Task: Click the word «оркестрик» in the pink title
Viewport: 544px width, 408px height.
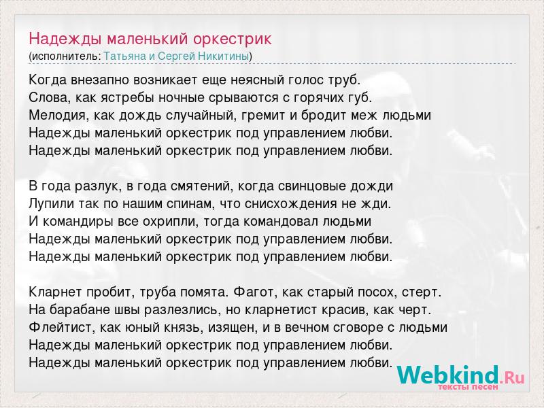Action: coord(232,39)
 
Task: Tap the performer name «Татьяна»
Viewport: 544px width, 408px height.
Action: coord(125,56)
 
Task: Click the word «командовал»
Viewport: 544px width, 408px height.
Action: coord(280,222)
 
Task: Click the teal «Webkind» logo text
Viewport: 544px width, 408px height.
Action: coord(448,375)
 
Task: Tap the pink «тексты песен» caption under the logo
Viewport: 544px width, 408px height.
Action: coord(468,387)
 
